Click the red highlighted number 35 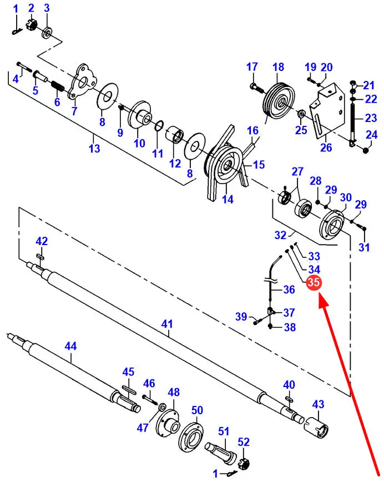(x=314, y=282)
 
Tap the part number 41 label (x=167, y=324)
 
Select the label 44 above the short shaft (x=70, y=346)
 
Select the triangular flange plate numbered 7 (x=82, y=82)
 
